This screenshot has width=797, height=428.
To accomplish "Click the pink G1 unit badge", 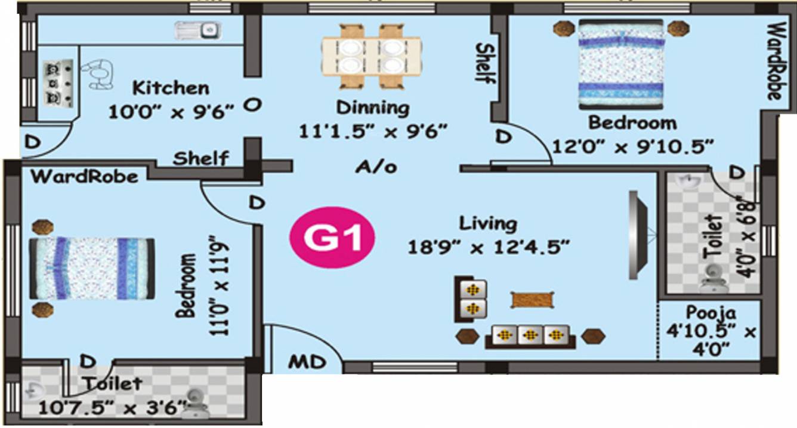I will (x=332, y=239).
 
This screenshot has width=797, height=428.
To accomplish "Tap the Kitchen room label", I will (x=171, y=88).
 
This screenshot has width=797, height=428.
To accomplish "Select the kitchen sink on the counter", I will (x=198, y=29).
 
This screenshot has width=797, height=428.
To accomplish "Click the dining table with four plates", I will (x=372, y=55).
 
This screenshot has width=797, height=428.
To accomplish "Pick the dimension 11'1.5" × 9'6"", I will (x=373, y=131).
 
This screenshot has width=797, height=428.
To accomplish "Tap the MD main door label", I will (x=308, y=362).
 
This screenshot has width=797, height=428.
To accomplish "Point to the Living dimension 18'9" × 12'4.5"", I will (x=487, y=246).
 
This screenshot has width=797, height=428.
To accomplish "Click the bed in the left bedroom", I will (x=92, y=268).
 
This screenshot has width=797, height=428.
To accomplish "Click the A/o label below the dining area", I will (x=376, y=167).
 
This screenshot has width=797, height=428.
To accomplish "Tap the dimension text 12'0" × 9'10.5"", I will (x=633, y=146).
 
